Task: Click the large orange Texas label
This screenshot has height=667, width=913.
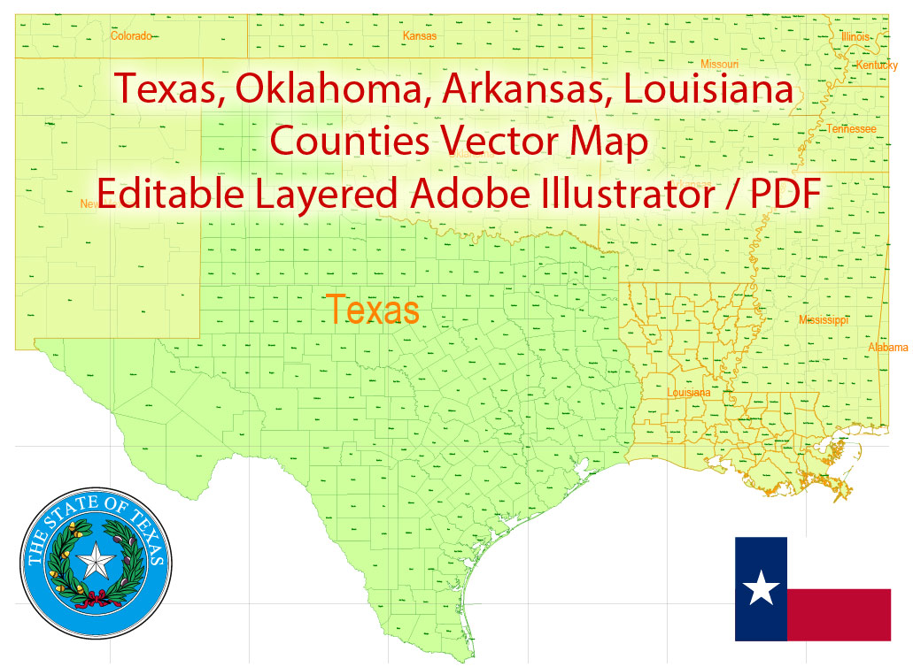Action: [x=373, y=310]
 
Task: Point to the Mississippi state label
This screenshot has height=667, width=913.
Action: [x=824, y=319]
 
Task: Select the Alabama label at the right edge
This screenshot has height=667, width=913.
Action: [x=888, y=348]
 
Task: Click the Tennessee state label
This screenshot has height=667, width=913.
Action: [x=851, y=129]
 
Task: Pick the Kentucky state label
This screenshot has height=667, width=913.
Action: [x=877, y=65]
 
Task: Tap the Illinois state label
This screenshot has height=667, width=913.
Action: [x=855, y=37]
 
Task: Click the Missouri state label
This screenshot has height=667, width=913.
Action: [x=719, y=65]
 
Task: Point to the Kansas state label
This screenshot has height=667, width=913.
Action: [x=420, y=36]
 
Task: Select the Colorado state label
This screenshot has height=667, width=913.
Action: [x=131, y=36]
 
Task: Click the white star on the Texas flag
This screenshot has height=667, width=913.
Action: [x=760, y=588]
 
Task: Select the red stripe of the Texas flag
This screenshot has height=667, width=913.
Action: [x=839, y=615]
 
